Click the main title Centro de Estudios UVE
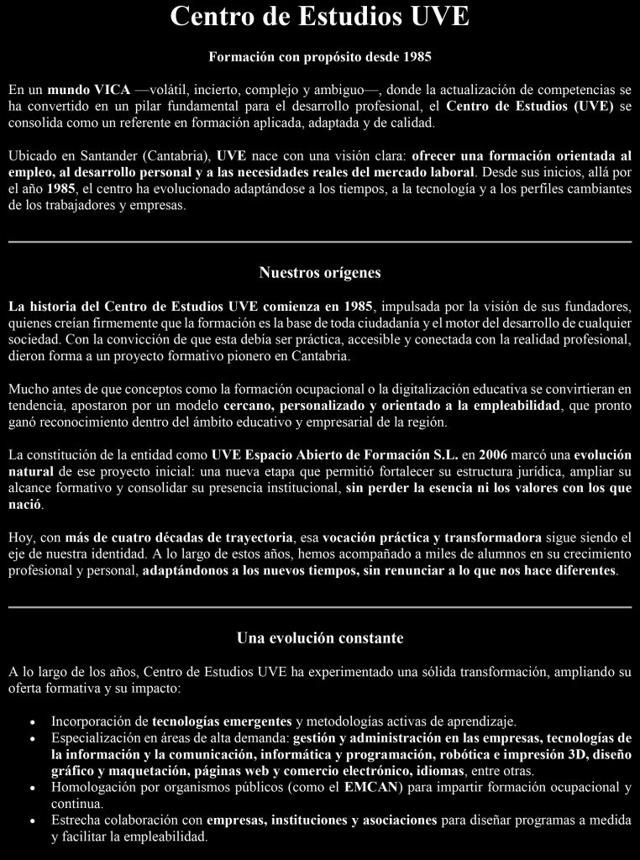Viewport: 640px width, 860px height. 319,18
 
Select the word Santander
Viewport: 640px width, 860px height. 99,155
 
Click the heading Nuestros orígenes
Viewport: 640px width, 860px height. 319,273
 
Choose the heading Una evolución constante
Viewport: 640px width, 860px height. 319,638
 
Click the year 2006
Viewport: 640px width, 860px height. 495,455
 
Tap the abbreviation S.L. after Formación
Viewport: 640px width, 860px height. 444,455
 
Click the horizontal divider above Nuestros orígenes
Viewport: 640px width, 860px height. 319,242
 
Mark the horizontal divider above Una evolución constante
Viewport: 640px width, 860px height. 319,606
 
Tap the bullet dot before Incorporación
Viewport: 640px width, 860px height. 32,722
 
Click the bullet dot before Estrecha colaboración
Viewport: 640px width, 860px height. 32,821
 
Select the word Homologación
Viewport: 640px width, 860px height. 93,787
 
